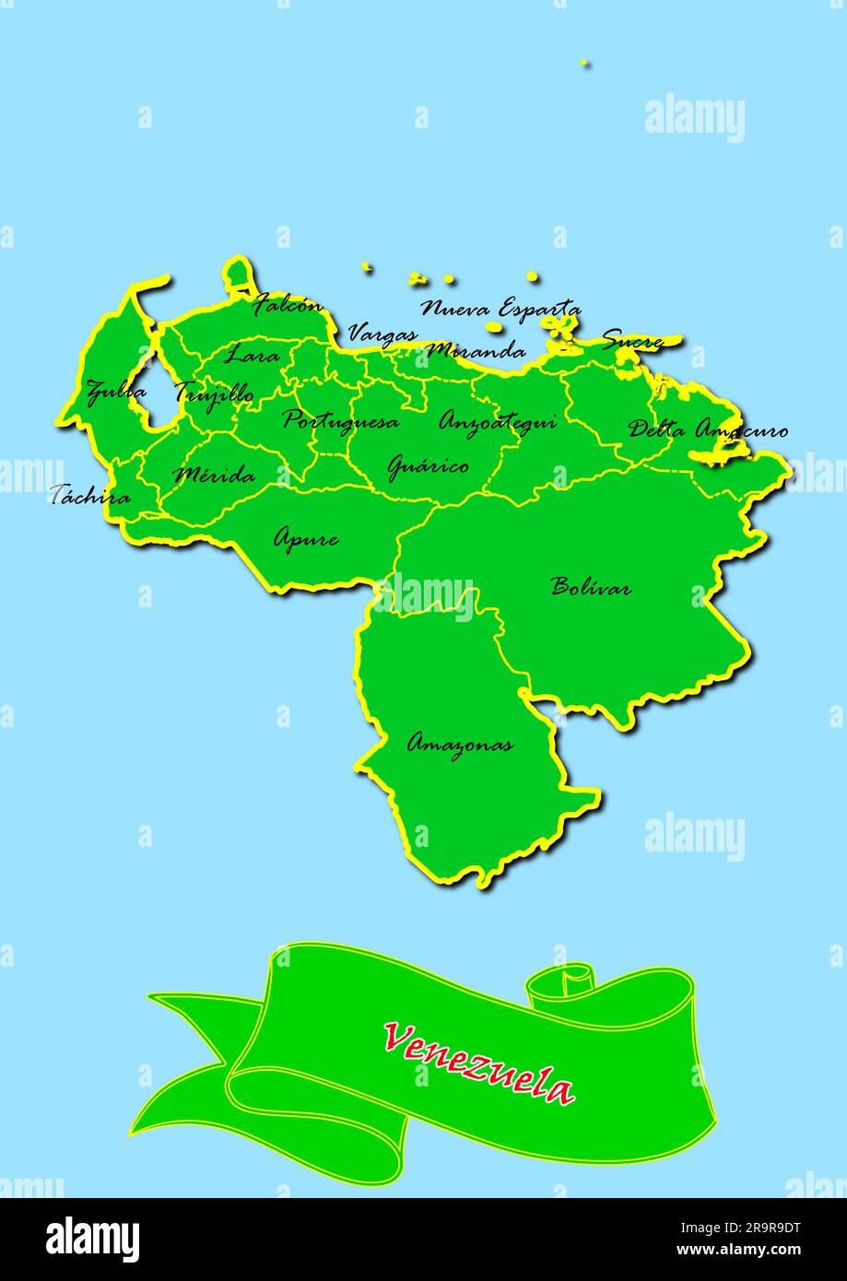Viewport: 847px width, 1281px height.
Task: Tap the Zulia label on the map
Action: (x=116, y=392)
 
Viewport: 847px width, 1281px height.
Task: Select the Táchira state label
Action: (x=90, y=496)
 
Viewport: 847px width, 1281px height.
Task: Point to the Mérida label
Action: (x=214, y=476)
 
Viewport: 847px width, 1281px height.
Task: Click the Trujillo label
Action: (x=215, y=393)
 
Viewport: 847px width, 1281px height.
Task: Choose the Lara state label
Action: (x=252, y=353)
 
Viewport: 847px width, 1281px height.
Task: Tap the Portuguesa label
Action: (x=341, y=421)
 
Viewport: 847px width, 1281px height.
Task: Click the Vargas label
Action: (x=382, y=334)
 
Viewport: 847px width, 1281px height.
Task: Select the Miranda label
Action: (x=476, y=350)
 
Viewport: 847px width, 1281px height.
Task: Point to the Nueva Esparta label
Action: (x=501, y=308)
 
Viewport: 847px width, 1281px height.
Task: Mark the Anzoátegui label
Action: (x=498, y=422)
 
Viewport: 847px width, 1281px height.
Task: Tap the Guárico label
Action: (x=428, y=466)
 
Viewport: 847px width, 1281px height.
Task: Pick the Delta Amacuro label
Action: (x=708, y=429)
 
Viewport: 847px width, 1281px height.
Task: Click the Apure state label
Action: (x=306, y=537)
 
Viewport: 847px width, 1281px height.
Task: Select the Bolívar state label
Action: (x=591, y=586)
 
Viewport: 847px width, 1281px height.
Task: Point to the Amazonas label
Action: (x=460, y=744)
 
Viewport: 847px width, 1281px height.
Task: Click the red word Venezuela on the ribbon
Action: (x=479, y=1063)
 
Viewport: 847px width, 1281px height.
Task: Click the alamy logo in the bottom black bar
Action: (x=93, y=1240)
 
